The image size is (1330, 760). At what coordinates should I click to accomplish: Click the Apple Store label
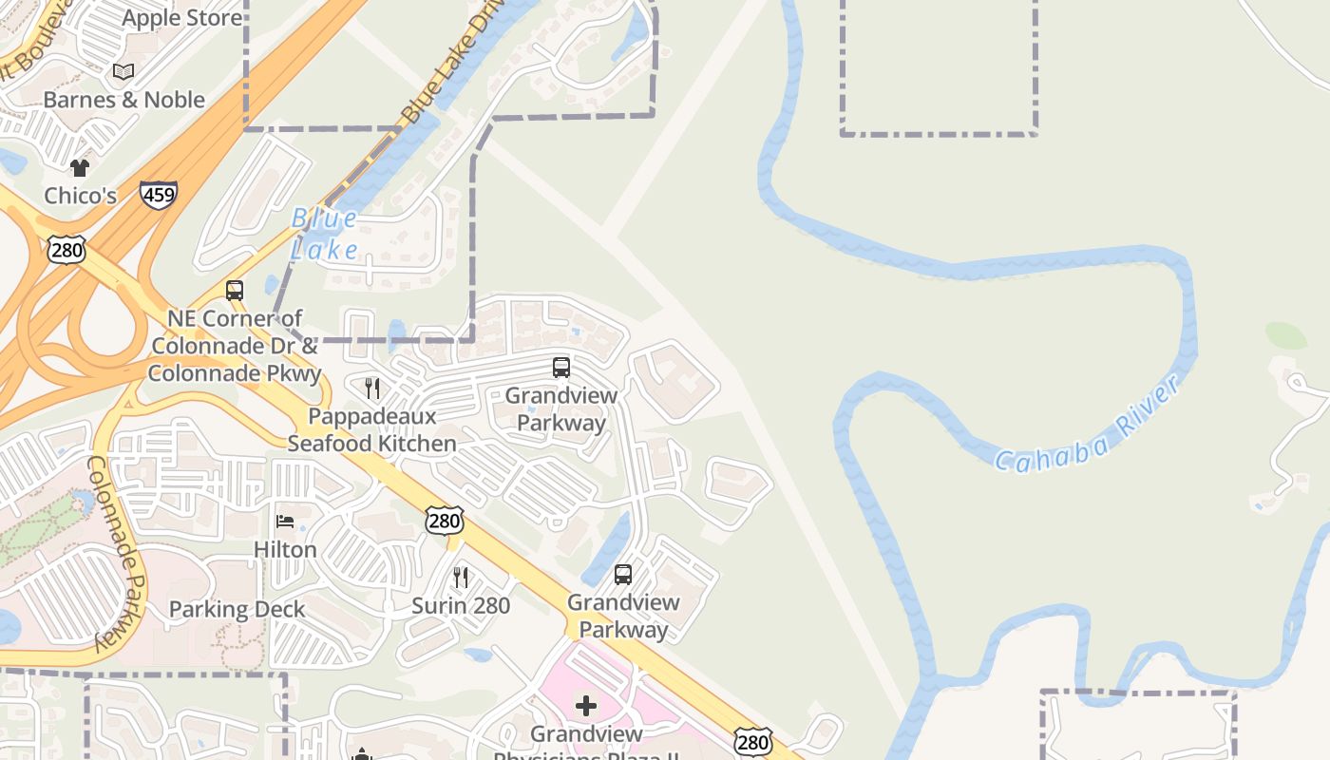point(181,17)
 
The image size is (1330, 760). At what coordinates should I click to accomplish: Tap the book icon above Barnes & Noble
point(123,71)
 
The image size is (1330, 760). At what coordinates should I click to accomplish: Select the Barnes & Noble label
point(124,100)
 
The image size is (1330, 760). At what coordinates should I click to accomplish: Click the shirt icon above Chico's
point(80,167)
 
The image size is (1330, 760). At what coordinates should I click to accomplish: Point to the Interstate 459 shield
point(158,196)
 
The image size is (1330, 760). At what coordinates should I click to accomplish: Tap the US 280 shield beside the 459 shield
point(66,249)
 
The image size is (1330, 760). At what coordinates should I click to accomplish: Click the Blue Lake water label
point(325,234)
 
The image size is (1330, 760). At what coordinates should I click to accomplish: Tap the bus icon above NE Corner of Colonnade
point(235,291)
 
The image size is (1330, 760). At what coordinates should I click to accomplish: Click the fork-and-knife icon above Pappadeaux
point(372,388)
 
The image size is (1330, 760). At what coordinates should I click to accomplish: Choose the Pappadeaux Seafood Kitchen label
point(371,429)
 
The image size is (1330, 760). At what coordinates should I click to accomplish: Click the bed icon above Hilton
point(285,521)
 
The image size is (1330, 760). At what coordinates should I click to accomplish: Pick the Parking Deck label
point(237,609)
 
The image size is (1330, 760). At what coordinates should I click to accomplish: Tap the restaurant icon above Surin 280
point(461,577)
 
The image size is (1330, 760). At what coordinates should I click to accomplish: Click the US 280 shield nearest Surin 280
point(445,520)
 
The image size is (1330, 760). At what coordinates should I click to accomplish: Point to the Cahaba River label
point(1088,423)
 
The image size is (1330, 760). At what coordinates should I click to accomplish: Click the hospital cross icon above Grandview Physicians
point(586,705)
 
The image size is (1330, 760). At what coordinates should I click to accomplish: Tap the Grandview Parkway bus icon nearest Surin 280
point(623,574)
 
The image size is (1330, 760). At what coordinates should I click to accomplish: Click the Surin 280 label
point(461,605)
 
